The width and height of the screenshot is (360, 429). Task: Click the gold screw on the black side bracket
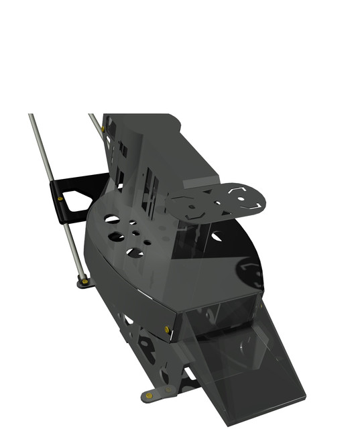coord(62,197)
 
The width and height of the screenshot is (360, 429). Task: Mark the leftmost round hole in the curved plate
coord(112,219)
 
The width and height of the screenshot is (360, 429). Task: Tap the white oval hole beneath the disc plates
coord(217,237)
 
